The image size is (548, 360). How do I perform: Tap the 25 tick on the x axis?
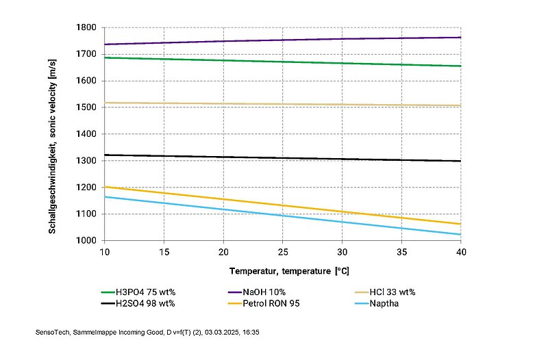pos(282,253)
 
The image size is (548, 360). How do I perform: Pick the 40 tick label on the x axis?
pos(461,253)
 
